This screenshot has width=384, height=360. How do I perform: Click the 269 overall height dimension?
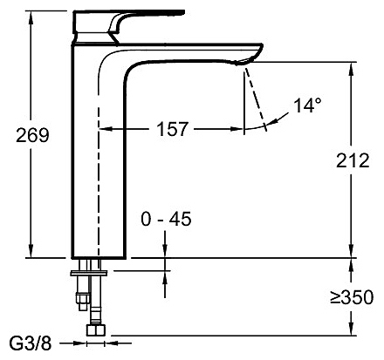pyautogui.click(x=32, y=135)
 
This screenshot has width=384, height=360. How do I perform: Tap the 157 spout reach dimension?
pyautogui.click(x=173, y=129)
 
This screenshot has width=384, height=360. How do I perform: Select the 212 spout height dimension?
pyautogui.click(x=353, y=160)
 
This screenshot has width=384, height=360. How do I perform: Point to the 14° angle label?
pyautogui.click(x=308, y=105)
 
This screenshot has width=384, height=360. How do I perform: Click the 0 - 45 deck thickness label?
pyautogui.click(x=166, y=219)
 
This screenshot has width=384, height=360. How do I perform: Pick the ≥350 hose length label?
pyautogui.click(x=352, y=297)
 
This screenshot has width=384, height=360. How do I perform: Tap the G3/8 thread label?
pyautogui.click(x=31, y=343)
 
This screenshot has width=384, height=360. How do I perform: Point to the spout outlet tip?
pyautogui.click(x=243, y=62)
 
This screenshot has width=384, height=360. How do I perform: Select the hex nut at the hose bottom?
pyautogui.click(x=95, y=330)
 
